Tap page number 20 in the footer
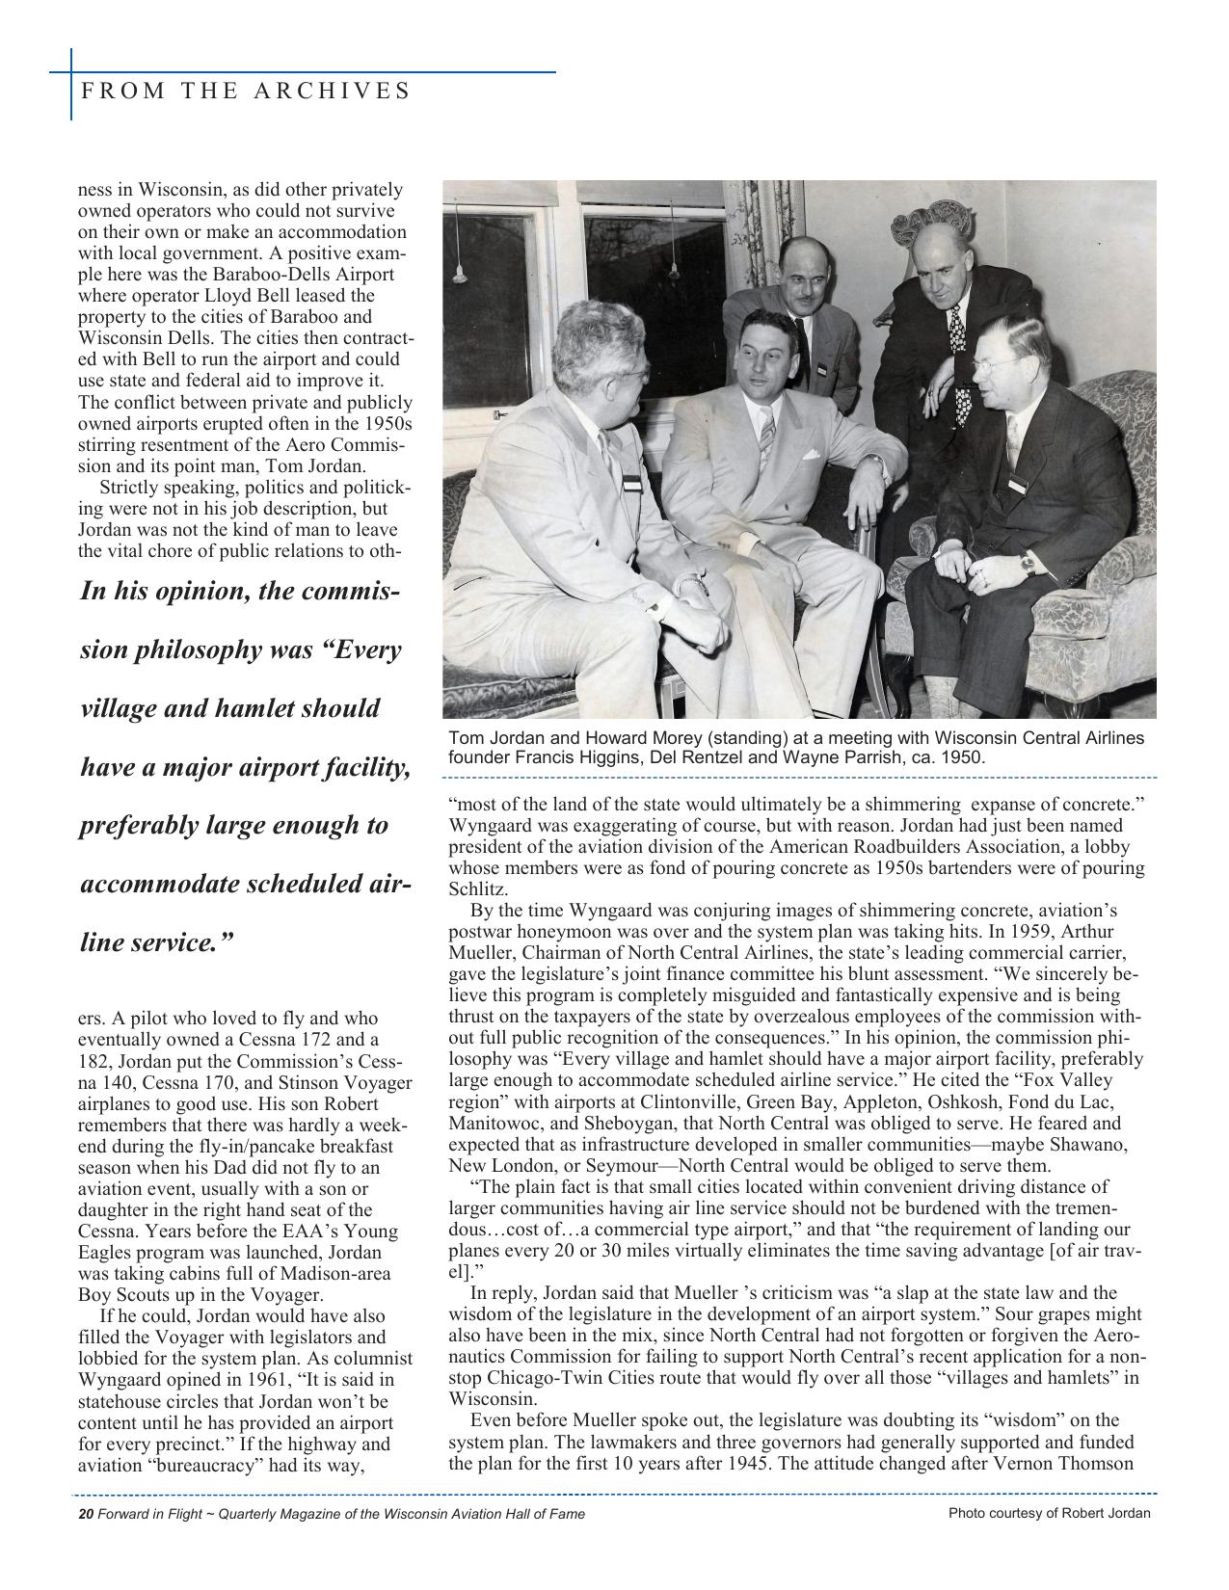85,1514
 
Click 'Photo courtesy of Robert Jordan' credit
1049,1513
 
